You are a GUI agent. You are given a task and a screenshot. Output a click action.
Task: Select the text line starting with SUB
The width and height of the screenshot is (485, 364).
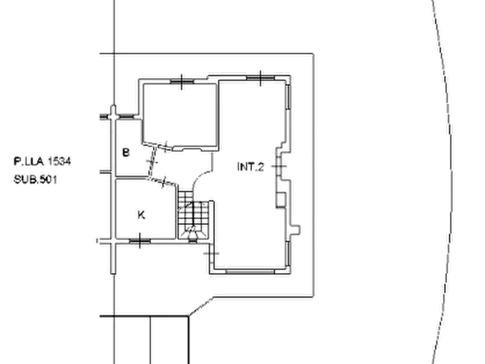click(33, 180)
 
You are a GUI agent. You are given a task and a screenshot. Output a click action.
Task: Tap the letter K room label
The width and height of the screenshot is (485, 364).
click(140, 216)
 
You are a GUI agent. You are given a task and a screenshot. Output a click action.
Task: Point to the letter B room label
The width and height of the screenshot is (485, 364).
click(125, 152)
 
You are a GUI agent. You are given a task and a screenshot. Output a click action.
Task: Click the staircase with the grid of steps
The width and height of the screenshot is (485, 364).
click(193, 217)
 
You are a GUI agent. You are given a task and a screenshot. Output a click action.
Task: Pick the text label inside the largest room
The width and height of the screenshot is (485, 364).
click(250, 167)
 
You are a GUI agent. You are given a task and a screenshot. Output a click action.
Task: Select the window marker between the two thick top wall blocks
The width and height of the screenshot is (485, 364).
click(260, 78)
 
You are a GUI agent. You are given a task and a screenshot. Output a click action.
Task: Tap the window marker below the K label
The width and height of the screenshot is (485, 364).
click(140, 241)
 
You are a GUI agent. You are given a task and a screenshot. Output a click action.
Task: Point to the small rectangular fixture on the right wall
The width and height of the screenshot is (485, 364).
click(280, 199)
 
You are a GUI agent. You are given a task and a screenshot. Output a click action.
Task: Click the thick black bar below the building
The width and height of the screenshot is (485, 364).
click(262, 297)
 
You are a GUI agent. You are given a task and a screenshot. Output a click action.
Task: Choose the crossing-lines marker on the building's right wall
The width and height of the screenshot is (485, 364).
click(281, 161)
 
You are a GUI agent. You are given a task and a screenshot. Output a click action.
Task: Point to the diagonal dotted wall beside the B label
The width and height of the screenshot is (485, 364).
click(156, 163)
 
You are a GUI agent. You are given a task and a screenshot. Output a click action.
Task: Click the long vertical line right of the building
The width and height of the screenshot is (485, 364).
click(313, 174)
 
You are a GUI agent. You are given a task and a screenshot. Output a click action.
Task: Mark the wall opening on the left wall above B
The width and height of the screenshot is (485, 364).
click(113, 115)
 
